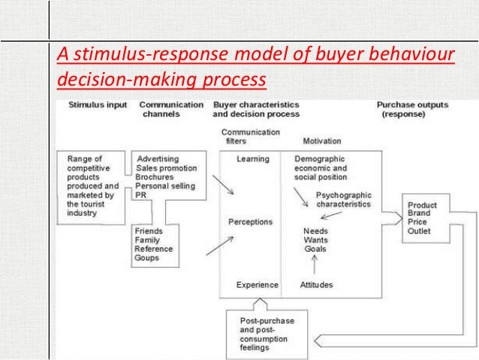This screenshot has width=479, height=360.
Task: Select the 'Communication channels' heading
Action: (173, 109)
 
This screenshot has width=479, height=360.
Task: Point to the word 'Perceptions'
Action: (250, 222)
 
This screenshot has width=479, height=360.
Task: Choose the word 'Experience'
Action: (257, 285)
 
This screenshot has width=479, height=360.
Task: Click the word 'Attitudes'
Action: (316, 285)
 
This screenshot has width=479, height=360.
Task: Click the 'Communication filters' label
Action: (251, 136)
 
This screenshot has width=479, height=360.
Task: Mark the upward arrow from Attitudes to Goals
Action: (314, 264)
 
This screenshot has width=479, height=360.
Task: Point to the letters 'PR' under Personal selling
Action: (140, 195)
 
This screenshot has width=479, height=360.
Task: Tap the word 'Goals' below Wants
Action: (315, 249)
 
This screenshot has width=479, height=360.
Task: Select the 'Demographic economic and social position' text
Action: (321, 168)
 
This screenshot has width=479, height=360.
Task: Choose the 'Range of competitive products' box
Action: (92, 185)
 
